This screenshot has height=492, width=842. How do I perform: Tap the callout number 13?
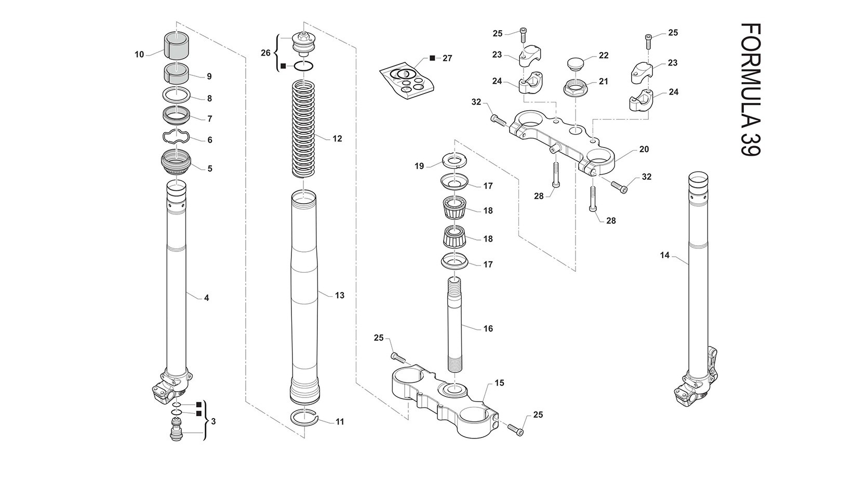[x=339, y=296]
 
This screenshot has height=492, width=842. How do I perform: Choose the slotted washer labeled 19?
[x=455, y=161]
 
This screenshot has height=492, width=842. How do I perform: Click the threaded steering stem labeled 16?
[x=455, y=324]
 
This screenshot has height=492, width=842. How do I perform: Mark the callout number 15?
[x=499, y=383]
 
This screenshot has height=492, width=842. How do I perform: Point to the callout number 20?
[x=644, y=149]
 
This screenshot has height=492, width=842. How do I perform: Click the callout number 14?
[x=664, y=255]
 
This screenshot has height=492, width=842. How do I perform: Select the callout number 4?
[x=206, y=298]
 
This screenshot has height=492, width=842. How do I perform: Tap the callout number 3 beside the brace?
[x=213, y=421]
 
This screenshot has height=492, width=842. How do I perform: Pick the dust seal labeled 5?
[x=176, y=162]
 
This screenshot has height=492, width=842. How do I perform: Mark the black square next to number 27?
[x=432, y=58]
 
